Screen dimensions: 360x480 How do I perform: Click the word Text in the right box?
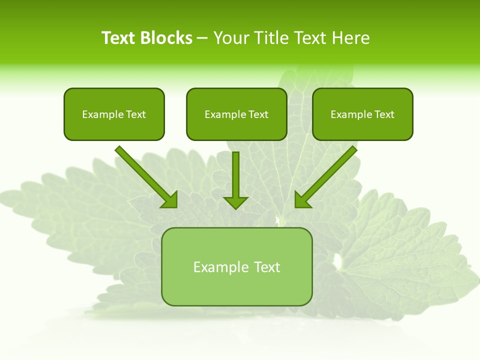tap(384, 114)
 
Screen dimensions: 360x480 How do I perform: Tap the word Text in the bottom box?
tap(267, 267)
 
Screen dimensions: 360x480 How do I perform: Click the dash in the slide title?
tap(202, 38)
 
